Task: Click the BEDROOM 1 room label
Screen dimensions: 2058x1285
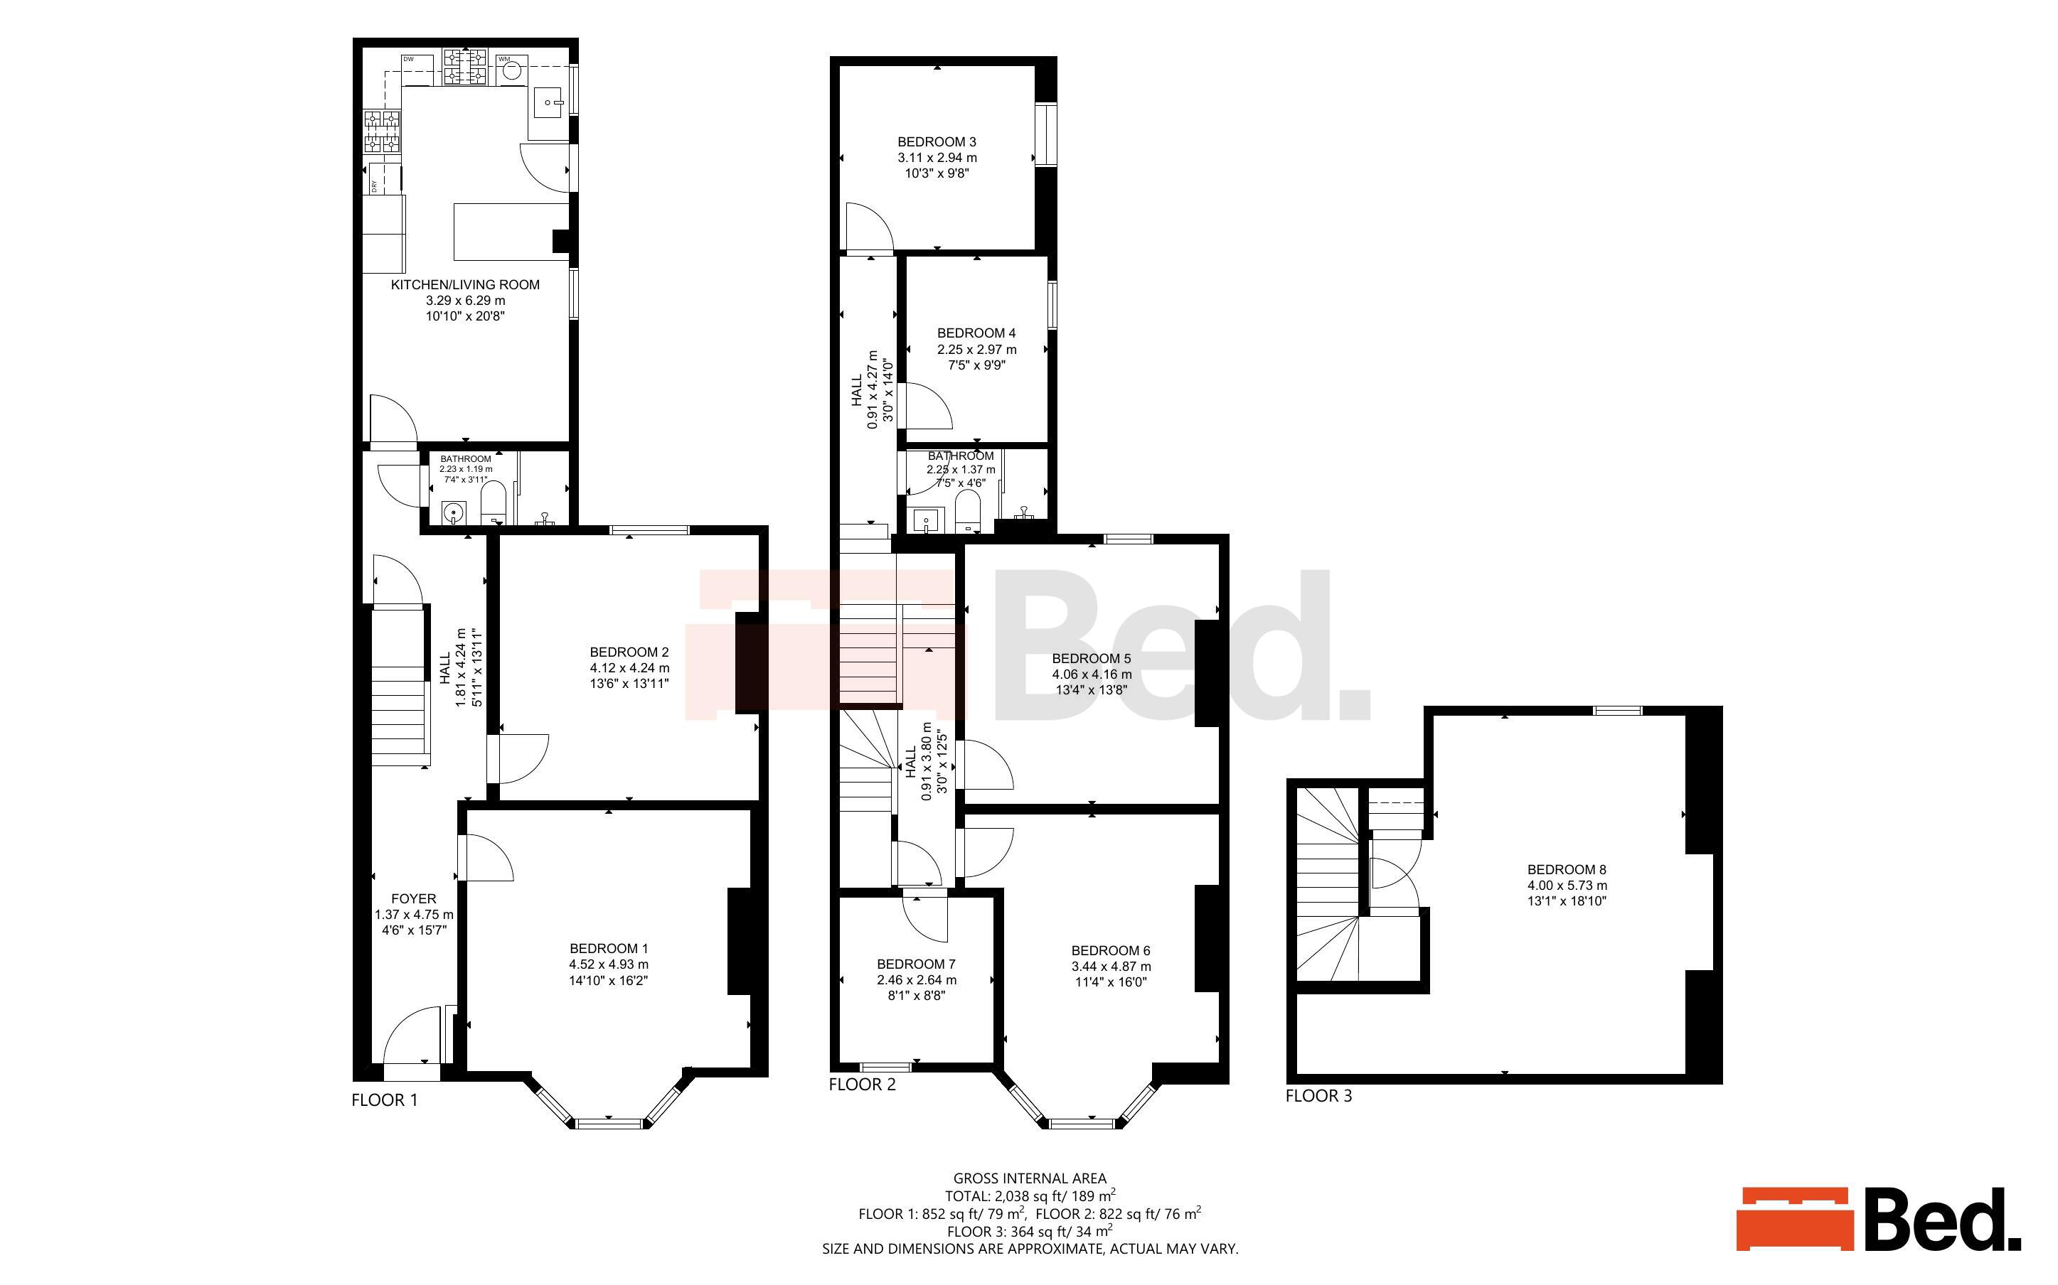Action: (x=609, y=948)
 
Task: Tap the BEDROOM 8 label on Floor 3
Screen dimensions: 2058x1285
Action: (x=1567, y=869)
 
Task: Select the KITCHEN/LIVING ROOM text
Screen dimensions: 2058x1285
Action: (x=465, y=285)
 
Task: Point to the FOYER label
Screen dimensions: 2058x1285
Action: (x=414, y=898)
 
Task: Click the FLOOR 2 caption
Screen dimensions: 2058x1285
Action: (x=862, y=1085)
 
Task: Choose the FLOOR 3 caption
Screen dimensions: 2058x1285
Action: (x=1318, y=1095)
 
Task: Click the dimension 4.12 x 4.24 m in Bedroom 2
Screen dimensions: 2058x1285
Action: (x=630, y=668)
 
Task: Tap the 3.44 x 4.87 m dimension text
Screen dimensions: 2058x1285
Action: (x=1111, y=967)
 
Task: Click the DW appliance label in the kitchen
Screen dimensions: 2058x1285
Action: (x=408, y=59)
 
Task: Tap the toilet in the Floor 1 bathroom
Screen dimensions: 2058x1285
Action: (x=494, y=502)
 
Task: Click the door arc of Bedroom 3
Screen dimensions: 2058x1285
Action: (x=869, y=226)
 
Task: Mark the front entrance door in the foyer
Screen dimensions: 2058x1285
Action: (x=412, y=1035)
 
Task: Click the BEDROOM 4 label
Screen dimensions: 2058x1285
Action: (x=976, y=333)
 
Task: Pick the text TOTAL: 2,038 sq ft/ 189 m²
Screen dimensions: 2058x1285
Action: (x=1030, y=1195)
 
